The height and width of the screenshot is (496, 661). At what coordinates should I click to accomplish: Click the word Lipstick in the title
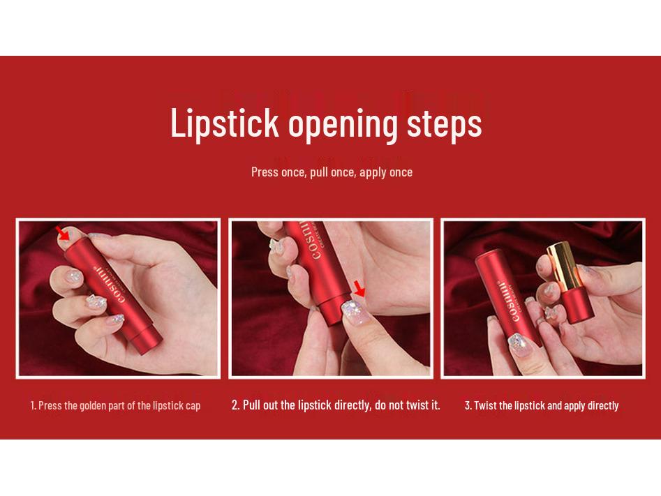coord(225,123)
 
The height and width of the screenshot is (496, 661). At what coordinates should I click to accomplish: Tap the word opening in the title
coord(343,126)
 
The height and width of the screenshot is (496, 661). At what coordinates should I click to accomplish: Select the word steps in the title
coord(445,125)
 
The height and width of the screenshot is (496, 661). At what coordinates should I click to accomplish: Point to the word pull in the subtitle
coord(319,173)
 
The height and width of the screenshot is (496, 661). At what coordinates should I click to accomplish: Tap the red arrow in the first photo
coord(64,232)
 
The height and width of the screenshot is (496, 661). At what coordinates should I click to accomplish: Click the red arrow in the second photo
coord(359,289)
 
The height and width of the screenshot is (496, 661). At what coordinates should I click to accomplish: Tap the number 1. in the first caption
coord(33,406)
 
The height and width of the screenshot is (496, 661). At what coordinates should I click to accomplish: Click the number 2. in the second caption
coord(236,405)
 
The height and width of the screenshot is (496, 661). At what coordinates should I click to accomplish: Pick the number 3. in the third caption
coord(468,406)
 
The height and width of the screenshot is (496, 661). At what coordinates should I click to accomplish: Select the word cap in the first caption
coord(193,407)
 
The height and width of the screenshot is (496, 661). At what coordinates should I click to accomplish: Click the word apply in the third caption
coord(574,407)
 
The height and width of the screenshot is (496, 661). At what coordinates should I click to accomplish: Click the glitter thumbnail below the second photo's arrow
coord(354,313)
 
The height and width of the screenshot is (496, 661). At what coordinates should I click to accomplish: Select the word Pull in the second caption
coord(252,405)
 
